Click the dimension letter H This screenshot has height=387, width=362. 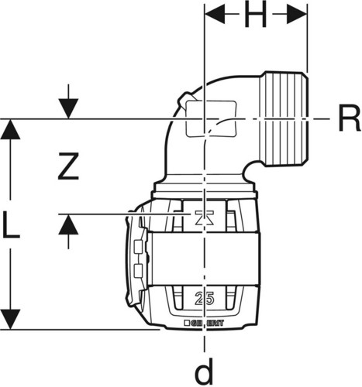tap(255, 15)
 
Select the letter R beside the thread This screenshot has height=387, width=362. tap(349, 118)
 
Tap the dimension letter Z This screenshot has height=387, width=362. tap(68, 166)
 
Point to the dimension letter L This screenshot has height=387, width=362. tap(11, 224)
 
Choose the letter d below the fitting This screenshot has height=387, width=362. tap(204, 371)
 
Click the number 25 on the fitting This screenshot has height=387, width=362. tap(204, 299)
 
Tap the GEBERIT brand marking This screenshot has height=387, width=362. tap(204, 323)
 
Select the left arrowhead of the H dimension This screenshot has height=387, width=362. tap(215, 14)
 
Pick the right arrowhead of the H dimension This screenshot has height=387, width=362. tap(297, 14)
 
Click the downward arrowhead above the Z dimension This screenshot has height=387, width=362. tap(68, 108)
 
